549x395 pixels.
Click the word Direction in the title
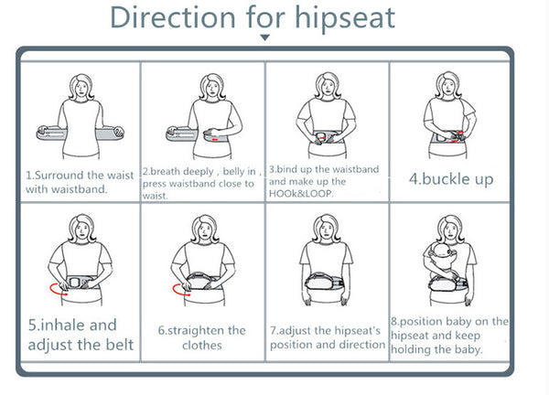pos(173,17)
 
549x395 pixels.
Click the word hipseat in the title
pos(345,19)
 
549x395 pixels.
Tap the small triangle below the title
pos(265,37)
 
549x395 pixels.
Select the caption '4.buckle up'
pos(451,179)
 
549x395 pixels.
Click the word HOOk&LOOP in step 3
pos(300,194)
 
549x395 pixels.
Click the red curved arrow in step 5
pos(57,289)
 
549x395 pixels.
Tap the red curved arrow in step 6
pos(180,290)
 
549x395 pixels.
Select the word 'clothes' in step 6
pos(202,346)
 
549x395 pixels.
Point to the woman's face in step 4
pos(448,86)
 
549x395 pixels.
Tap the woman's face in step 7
pos(327,228)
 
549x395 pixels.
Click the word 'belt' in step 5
pos(120,345)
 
